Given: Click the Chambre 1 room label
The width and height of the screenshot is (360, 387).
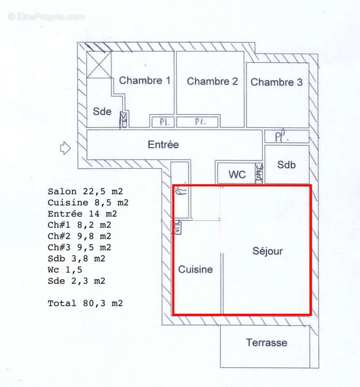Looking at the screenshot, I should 144,81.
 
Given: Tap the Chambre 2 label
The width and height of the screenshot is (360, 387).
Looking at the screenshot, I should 213,81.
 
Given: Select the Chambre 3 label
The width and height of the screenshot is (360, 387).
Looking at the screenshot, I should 276,82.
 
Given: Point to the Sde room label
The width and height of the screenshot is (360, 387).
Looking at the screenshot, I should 102,111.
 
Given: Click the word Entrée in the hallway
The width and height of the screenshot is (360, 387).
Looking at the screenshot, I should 163,145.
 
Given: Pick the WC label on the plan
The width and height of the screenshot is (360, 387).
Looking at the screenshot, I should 237,174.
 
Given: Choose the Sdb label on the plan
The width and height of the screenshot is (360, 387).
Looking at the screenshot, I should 286,164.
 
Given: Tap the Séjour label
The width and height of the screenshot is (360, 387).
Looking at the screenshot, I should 267,251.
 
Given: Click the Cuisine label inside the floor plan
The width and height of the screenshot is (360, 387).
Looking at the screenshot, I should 196,269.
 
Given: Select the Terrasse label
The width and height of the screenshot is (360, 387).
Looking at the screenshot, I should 266,343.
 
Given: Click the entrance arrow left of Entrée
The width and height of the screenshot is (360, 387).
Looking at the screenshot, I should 65,148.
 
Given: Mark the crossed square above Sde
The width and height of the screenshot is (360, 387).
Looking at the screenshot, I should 99,65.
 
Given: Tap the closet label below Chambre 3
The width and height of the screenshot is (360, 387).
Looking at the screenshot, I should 282,136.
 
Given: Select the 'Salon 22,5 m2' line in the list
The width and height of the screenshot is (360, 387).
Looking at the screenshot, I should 85,191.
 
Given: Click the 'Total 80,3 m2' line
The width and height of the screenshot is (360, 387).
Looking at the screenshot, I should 85,303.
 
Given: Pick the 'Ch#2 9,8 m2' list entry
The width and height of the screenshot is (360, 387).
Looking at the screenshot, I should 79,236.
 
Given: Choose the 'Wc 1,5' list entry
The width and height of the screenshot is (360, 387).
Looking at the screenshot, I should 64,269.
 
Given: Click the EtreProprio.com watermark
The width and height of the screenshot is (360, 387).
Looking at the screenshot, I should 46,16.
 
